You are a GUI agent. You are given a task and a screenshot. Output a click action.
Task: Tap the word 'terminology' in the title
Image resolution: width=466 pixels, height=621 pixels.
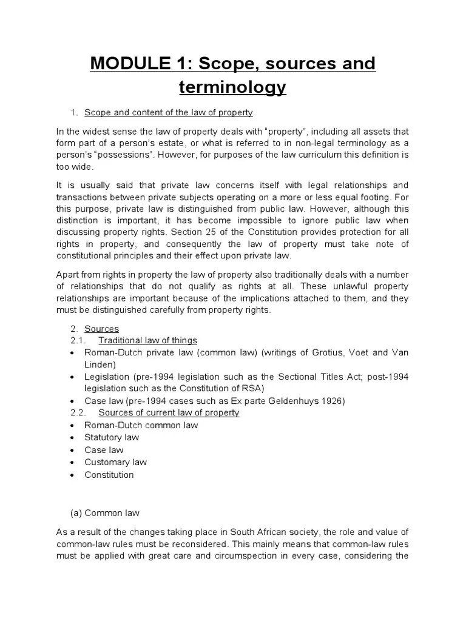[x=232, y=88]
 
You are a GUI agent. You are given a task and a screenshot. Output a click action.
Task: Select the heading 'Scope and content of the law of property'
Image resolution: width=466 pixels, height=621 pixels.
[x=168, y=113]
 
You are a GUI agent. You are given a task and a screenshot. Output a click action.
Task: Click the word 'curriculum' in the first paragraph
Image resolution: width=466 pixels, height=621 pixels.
[x=295, y=155]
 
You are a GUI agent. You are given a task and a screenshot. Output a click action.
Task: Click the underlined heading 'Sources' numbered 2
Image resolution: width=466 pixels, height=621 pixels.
[x=101, y=329]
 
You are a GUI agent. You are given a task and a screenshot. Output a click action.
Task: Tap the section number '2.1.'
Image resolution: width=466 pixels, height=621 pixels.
[x=80, y=341]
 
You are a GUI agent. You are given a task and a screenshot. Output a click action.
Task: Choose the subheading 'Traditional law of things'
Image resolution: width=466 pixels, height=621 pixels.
[x=147, y=341]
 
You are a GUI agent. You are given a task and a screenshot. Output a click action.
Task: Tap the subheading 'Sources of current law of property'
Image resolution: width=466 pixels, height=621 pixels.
[x=169, y=413]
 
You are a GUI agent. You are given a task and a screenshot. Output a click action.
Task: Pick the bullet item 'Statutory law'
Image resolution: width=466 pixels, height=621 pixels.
[x=112, y=437]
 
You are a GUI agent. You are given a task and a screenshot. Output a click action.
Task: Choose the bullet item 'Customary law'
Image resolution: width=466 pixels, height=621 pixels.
[x=115, y=462]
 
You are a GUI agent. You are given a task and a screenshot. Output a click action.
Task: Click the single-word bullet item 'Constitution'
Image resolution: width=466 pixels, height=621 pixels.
[x=109, y=474]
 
